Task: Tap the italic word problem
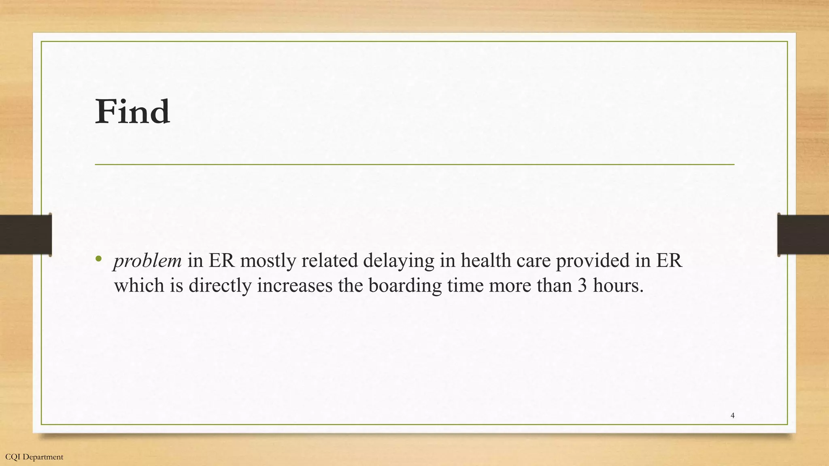pos(147,261)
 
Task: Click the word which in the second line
pos(139,286)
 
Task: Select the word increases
pos(295,286)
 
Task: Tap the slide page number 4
pos(732,415)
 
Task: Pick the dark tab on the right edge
pos(803,235)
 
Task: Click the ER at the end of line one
pos(669,261)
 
